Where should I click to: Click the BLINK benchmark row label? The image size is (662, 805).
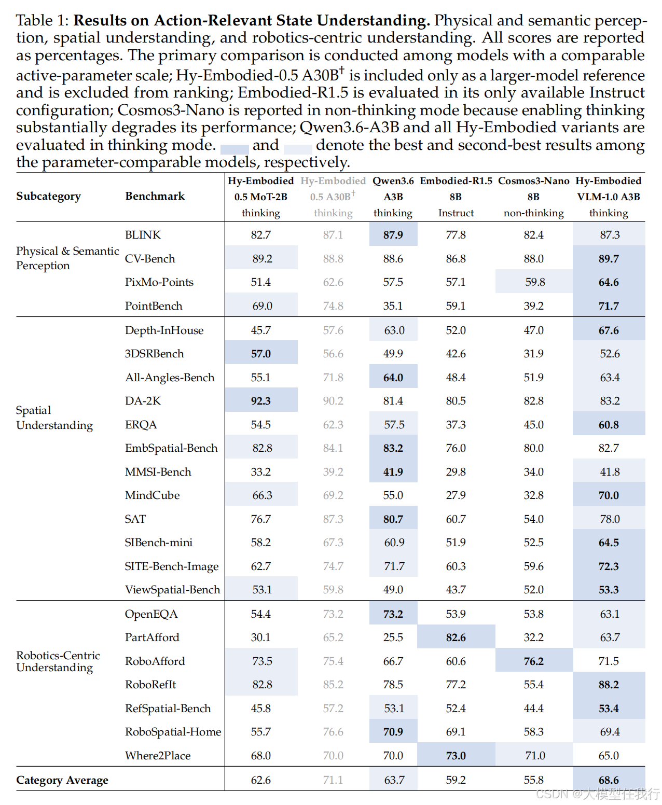point(143,234)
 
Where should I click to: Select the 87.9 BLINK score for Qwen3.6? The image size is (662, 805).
point(393,235)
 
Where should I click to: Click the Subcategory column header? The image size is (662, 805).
point(48,196)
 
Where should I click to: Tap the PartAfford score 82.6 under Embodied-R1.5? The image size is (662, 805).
point(456,637)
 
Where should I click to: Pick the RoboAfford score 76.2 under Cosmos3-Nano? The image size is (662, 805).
point(533,661)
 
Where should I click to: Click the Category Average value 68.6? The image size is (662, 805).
point(609,780)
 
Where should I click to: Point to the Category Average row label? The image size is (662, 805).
point(62,780)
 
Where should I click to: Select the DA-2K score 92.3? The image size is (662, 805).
point(261,401)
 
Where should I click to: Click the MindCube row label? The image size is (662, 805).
point(152,495)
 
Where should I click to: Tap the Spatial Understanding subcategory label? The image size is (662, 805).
point(54,418)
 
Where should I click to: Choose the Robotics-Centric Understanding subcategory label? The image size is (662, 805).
point(58,661)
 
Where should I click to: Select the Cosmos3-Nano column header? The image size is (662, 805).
point(533,197)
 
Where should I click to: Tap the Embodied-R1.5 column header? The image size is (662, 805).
point(456,197)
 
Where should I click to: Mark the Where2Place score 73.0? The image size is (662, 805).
point(456,755)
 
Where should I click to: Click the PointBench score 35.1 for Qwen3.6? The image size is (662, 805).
point(393,306)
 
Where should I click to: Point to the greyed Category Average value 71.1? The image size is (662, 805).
point(333,780)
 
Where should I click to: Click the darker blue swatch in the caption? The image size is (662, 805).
point(235,149)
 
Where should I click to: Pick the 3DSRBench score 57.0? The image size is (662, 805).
point(261,353)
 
